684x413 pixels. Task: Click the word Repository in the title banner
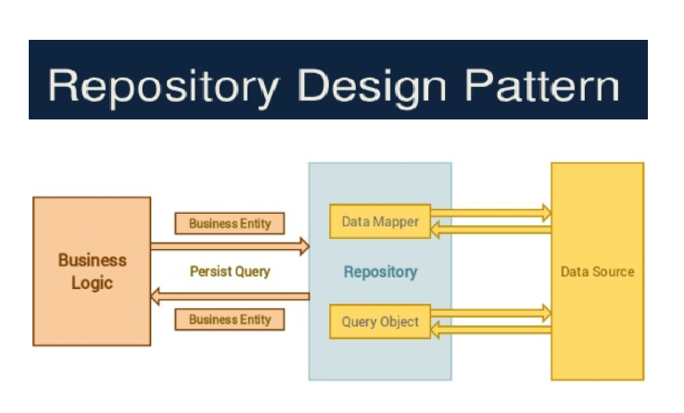point(163,86)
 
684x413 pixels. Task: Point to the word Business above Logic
point(92,260)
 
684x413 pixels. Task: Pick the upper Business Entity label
point(230,223)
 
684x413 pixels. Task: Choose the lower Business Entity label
point(230,319)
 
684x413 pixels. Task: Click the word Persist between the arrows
point(209,271)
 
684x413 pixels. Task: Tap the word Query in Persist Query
point(252,271)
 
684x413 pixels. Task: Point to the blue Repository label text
point(380,272)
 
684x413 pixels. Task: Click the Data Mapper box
point(380,222)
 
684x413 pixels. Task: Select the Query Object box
point(380,322)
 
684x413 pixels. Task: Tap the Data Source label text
point(598,271)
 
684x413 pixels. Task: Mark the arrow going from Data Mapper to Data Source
point(491,214)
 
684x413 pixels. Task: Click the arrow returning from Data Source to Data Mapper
point(491,231)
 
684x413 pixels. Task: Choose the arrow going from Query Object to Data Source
point(491,314)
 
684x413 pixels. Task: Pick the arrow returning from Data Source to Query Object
point(491,331)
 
